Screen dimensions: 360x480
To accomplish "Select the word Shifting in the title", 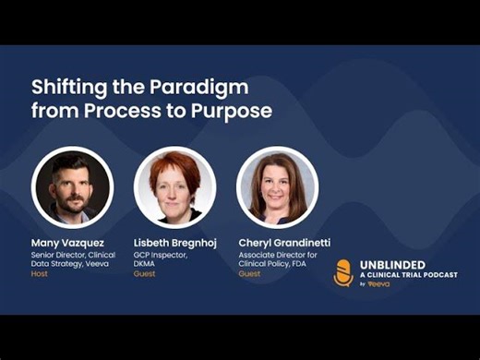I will pos(70,89).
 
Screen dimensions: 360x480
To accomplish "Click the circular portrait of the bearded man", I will pos(72,187).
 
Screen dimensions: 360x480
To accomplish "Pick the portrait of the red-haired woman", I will pos(175,187).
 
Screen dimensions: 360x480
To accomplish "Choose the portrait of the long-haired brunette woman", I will pos(277,187).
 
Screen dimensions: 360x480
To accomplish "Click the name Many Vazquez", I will pos(69,243).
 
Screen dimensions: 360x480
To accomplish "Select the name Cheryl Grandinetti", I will pos(284,243).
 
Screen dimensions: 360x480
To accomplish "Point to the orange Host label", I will pos(41,274).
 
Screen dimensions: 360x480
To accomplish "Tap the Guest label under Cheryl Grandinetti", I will pos(249,274).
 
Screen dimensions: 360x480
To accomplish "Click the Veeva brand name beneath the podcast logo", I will pos(378,284).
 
